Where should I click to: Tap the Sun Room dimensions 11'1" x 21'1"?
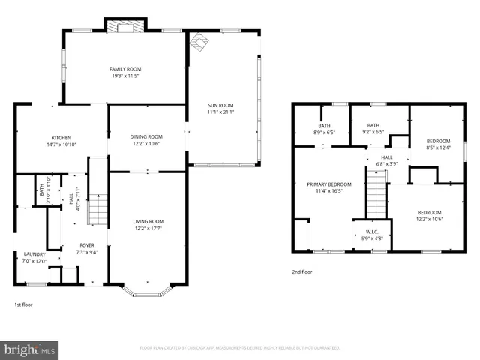click(221, 112)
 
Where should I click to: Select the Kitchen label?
click(61, 137)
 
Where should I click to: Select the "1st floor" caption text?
click(23, 304)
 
